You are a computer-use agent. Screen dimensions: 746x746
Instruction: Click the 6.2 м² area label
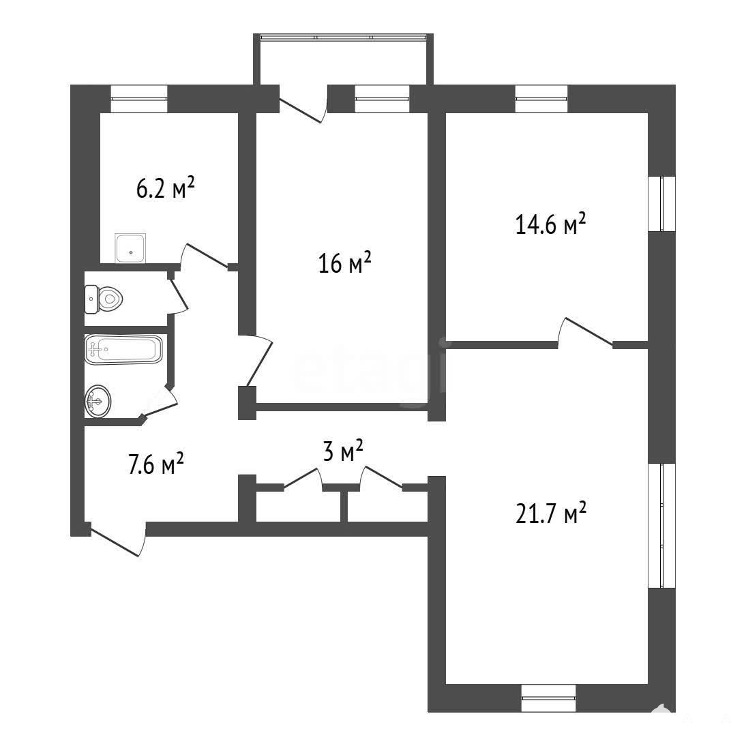pyautogui.click(x=166, y=188)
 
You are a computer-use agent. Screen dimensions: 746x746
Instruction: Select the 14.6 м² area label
pyautogui.click(x=550, y=224)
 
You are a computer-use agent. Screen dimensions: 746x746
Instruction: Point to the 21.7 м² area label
pyautogui.click(x=551, y=512)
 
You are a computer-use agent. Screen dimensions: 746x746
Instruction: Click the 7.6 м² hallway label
pyautogui.click(x=156, y=464)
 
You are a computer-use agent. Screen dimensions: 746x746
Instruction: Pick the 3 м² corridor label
pyautogui.click(x=343, y=450)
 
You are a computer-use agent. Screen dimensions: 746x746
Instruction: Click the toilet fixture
pyautogui.click(x=104, y=299)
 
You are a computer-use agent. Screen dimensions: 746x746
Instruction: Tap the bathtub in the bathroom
pyautogui.click(x=123, y=350)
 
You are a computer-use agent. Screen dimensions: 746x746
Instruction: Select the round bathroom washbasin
pyautogui.click(x=98, y=402)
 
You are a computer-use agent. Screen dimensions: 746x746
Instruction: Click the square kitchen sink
pyautogui.click(x=130, y=248)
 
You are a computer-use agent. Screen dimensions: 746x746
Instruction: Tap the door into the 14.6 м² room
pyautogui.click(x=585, y=332)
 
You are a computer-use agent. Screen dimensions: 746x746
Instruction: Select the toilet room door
pyautogui.click(x=179, y=295)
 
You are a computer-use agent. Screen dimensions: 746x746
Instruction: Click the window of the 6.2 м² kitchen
pyautogui.click(x=139, y=98)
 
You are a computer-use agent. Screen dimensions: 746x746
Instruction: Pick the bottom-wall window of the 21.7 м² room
pyautogui.click(x=548, y=698)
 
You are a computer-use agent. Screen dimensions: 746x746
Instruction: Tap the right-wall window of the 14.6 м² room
pyautogui.click(x=662, y=204)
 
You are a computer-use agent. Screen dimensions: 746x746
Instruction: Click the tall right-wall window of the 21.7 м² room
pyautogui.click(x=662, y=525)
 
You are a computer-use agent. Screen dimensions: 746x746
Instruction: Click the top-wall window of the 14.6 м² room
pyautogui.click(x=541, y=98)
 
